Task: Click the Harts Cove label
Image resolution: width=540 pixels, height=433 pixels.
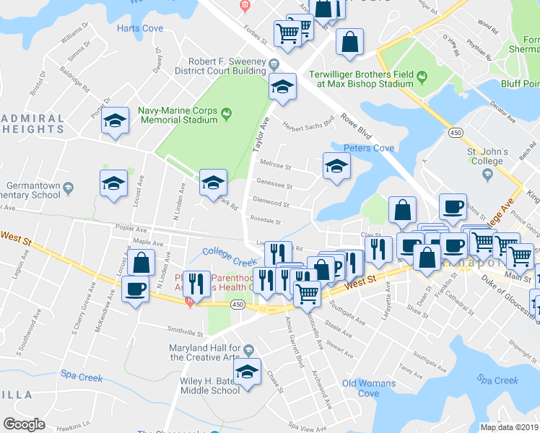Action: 139,28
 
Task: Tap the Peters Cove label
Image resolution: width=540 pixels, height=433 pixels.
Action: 368,148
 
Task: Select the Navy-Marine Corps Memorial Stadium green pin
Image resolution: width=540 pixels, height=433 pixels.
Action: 227,113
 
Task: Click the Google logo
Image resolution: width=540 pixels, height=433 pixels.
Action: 24,424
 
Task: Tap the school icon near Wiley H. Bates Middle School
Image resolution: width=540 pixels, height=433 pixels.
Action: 248,373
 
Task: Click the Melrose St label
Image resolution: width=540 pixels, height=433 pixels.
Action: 275,167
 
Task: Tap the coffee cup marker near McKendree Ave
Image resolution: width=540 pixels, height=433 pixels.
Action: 135,289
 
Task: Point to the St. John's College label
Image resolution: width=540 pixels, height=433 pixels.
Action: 484,157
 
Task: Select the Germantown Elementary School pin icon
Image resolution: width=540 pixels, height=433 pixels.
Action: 68,187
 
